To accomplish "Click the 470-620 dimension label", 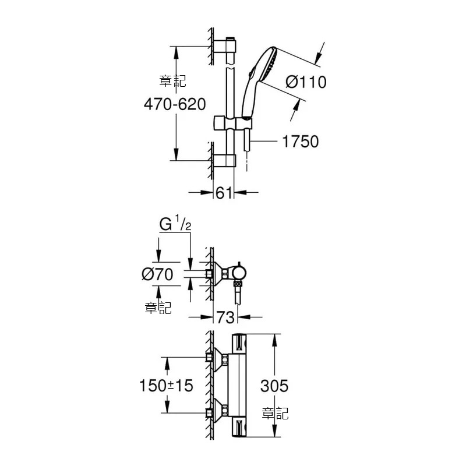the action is coord(175,104).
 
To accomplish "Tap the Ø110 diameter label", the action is coord(306,82).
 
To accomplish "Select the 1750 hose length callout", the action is coord(300,142).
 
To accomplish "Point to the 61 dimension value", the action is coord(224,193).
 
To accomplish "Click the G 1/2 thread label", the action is coord(175,224).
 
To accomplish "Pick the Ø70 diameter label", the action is coord(157,274).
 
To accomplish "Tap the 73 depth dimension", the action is coord(225,317).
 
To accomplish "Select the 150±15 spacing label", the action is coord(166,386).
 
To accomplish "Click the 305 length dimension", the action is coord(274,386).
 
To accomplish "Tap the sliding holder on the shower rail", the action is coord(232,123).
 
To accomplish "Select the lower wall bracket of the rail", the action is coord(225,161).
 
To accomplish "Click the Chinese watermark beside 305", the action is coord(275,414).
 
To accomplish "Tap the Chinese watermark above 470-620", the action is coord(172,81).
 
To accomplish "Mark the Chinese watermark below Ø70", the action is coord(158,308).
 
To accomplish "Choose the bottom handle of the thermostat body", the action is coord(239,427).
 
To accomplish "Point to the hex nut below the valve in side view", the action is coord(238,284).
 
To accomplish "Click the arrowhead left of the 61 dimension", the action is coord(207,193).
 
